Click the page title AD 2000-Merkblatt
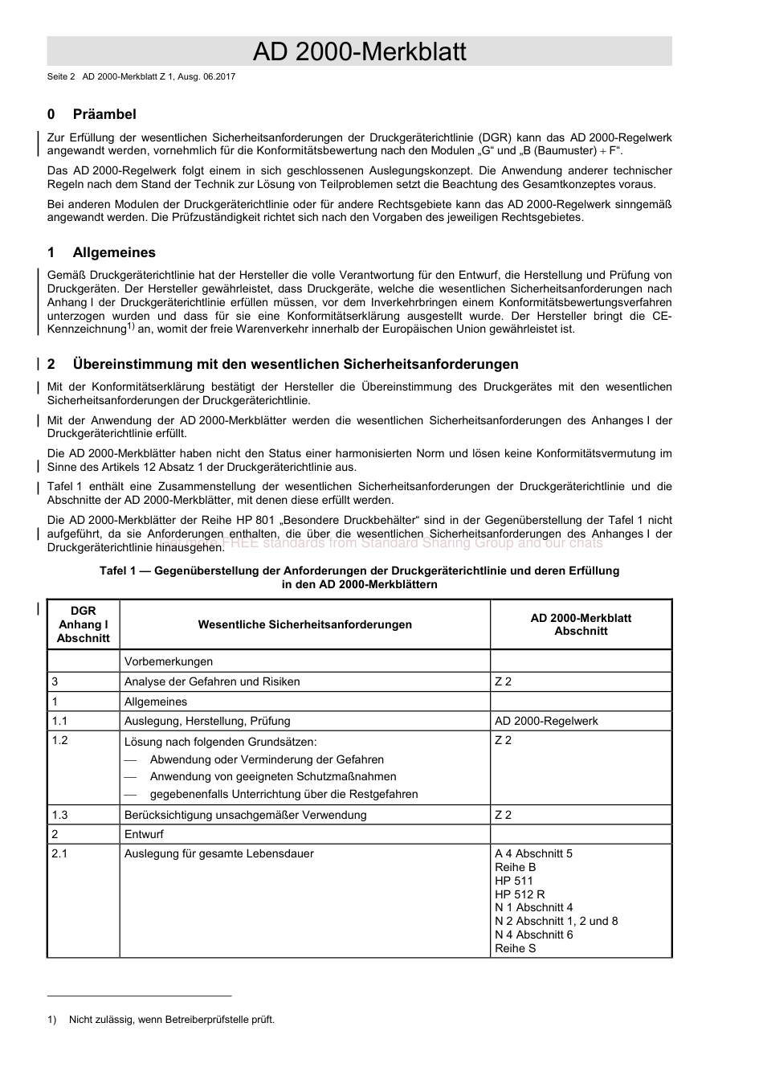pos(359,51)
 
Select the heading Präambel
pos(104,114)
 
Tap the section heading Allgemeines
pos(114,252)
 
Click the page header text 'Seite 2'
pos(61,77)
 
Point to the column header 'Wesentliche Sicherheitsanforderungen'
pos(304,624)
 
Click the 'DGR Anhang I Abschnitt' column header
pos(83,624)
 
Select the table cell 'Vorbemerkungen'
pos(169,661)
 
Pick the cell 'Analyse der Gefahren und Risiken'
pos(212,681)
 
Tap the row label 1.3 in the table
pos(60,815)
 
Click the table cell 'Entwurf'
pos(144,834)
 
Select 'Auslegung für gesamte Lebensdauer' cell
pos(218,853)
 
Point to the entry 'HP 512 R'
pos(520,894)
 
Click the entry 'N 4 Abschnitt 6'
pos(533,935)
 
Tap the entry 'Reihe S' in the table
pos(515,948)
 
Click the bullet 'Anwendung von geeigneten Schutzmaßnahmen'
pos(272,776)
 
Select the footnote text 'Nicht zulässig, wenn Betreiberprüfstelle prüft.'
pos(171,1020)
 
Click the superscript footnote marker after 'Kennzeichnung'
pos(131,326)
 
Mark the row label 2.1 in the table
pos(60,853)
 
